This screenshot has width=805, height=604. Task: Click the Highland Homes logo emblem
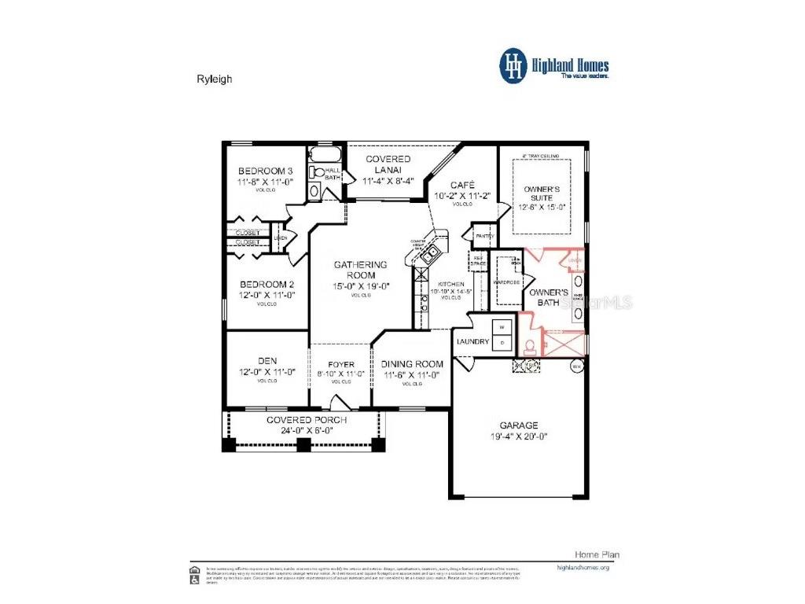513,67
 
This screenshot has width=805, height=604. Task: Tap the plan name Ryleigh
214,79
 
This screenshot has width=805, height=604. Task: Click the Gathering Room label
361,270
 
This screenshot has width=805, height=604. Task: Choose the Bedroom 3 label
266,171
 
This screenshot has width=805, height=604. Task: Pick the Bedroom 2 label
266,284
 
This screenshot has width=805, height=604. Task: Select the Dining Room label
412,364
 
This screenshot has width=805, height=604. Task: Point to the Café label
461,185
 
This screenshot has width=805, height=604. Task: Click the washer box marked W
502,326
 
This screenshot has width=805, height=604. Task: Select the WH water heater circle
576,366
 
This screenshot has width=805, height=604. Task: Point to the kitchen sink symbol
429,253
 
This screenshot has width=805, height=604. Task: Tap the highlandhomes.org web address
583,566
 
